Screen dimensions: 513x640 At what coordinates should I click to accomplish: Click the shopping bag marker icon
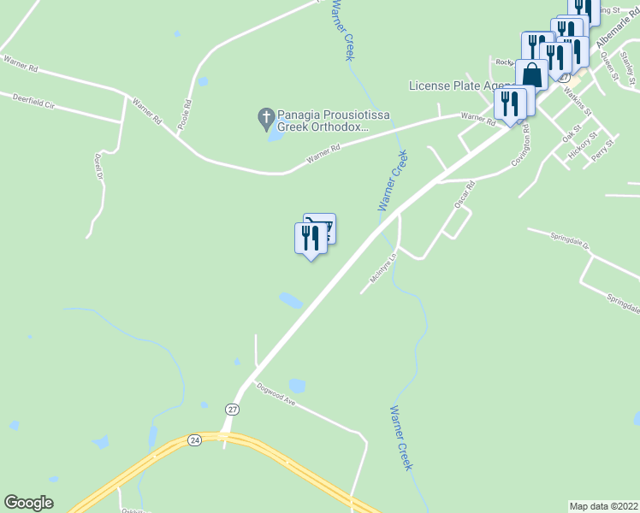[531, 74]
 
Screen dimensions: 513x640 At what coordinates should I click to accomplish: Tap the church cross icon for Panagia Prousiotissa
[266, 116]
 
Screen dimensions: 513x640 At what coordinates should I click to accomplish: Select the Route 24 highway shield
[195, 439]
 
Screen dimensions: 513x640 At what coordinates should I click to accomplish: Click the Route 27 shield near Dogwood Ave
[233, 410]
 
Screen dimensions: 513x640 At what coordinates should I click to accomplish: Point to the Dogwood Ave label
[276, 395]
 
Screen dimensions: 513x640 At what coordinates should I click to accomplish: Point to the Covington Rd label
[520, 144]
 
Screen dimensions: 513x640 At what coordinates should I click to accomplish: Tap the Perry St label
[603, 150]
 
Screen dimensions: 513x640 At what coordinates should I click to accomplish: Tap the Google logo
[28, 503]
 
